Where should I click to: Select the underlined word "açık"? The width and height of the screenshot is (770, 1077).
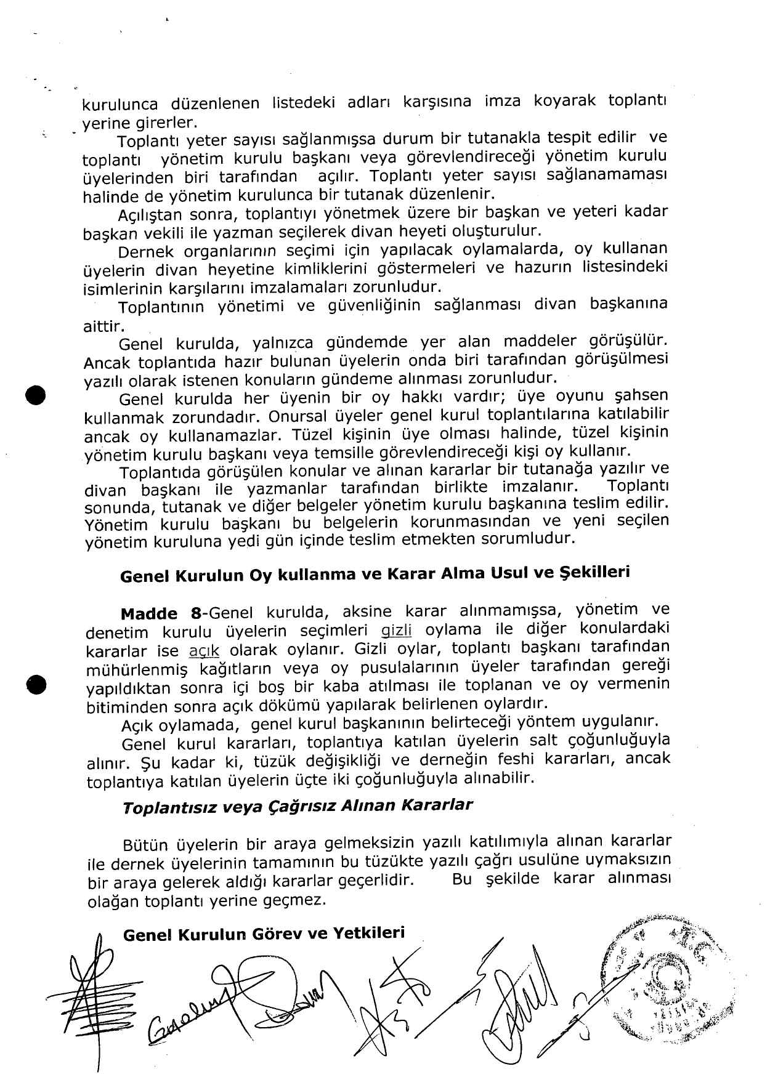(203, 650)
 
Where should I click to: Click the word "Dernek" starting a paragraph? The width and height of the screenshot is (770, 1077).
(147, 252)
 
